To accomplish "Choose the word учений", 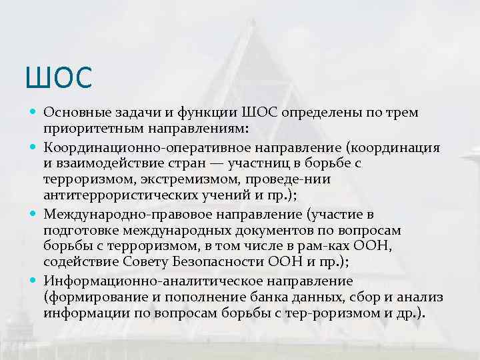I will tap(229, 196).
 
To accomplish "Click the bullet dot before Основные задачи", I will tap(33, 112).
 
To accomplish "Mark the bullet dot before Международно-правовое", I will tap(33, 215).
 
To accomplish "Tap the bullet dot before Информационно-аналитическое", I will tap(33, 281).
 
